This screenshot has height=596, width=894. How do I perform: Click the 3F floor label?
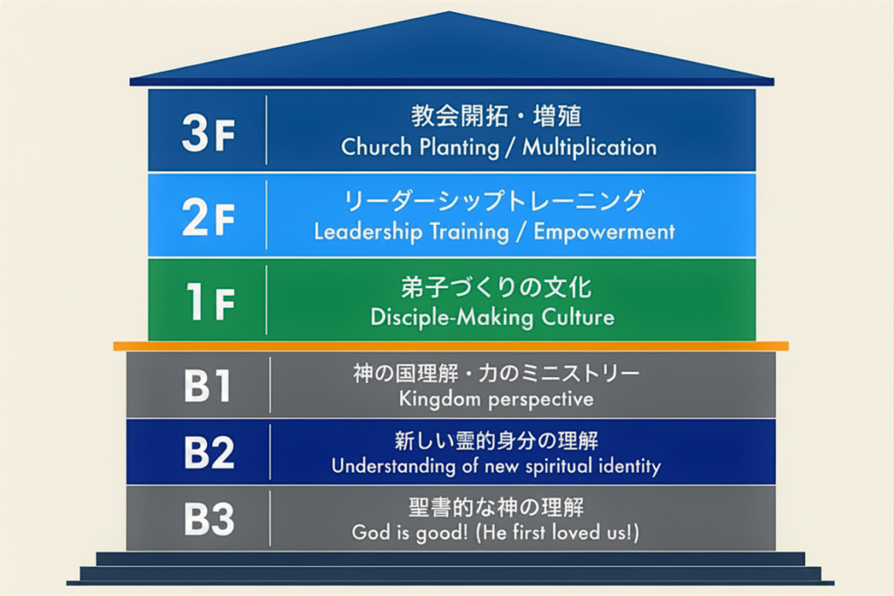click(x=208, y=133)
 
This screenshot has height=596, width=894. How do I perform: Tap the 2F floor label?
click(x=208, y=217)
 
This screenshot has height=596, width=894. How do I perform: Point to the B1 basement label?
click(x=208, y=386)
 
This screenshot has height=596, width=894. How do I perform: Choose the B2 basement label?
click(x=209, y=452)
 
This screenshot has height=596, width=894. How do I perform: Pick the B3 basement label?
click(x=209, y=518)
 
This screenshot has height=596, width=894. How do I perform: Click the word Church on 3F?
click(x=376, y=147)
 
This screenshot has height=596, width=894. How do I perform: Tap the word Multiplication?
click(x=589, y=147)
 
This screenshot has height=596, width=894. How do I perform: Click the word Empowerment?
click(x=604, y=232)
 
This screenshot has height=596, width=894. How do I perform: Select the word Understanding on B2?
click(x=394, y=466)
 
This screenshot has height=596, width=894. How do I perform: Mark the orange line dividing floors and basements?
click(x=451, y=346)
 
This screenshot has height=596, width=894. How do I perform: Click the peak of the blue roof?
click(x=450, y=12)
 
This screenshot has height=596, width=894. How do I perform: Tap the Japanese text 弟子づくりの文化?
click(x=496, y=287)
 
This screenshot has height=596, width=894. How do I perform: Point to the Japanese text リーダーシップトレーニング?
click(x=494, y=201)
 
